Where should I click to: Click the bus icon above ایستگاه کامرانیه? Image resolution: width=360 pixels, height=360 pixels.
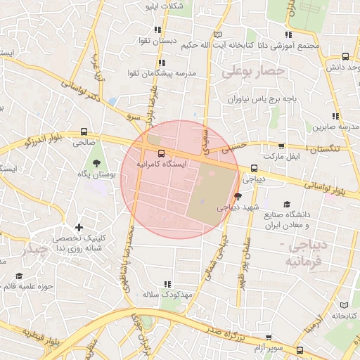[x=162, y=153]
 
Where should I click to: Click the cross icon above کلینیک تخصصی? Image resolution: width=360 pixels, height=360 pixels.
[x=79, y=227]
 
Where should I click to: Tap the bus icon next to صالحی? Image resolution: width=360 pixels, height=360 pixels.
[x=84, y=131]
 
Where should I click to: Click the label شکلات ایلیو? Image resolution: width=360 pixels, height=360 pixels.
[x=164, y=7]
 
